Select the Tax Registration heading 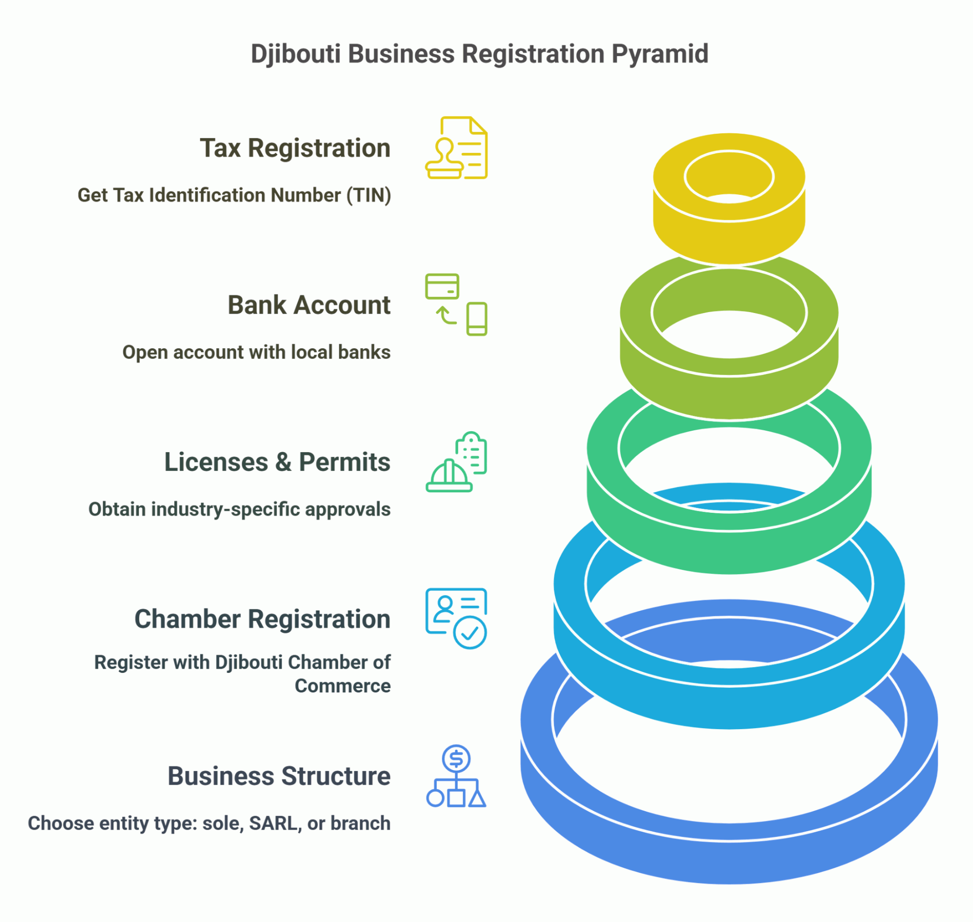point(295,148)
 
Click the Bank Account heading point(309,305)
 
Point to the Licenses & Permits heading point(277,462)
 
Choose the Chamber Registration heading point(263,619)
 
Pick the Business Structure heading point(279,776)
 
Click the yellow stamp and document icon point(456,148)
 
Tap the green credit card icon point(442,287)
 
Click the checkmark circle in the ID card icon point(470,632)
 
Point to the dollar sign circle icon point(456,759)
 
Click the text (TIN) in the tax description point(368,195)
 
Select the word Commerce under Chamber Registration point(343,686)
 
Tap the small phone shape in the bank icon point(476,319)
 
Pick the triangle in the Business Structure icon point(477,799)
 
